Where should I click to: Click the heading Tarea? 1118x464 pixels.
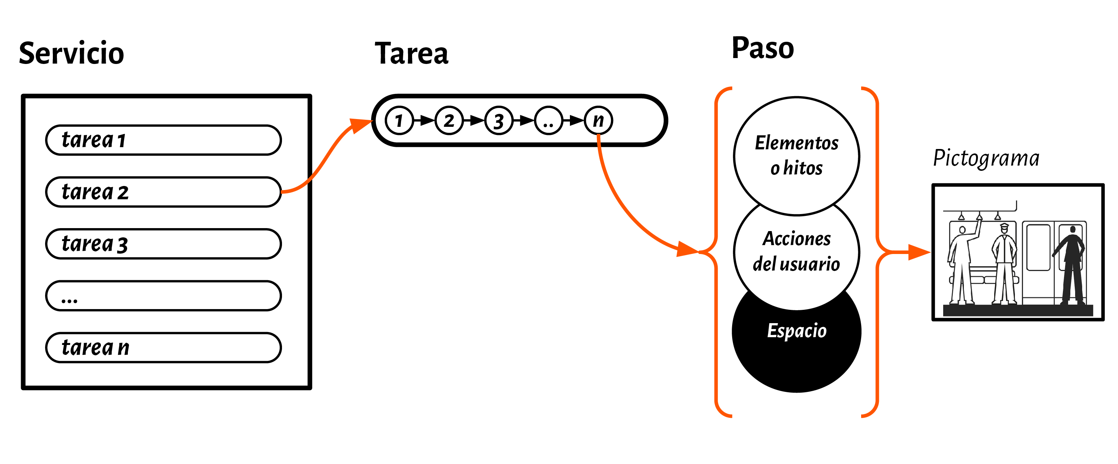(x=411, y=54)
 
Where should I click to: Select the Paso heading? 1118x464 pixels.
(x=762, y=48)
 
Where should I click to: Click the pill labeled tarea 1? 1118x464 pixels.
(x=163, y=140)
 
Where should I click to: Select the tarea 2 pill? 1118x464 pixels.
(x=163, y=192)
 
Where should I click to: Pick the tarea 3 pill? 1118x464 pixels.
(x=163, y=244)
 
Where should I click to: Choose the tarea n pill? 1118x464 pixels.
(x=163, y=348)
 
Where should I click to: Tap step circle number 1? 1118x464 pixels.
(x=399, y=121)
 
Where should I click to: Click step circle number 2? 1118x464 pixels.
(x=449, y=121)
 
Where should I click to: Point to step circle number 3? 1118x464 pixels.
(x=499, y=121)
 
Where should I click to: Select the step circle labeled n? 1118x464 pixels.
(x=598, y=121)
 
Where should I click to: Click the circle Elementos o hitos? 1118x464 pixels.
(x=796, y=155)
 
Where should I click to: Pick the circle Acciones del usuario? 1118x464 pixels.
(x=796, y=252)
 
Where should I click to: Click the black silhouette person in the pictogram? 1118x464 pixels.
(x=1071, y=265)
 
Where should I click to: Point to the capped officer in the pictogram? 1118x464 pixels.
(x=1004, y=265)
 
